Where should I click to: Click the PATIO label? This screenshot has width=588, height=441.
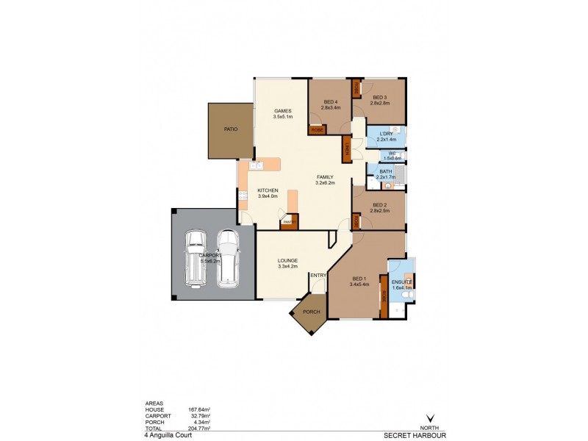(230, 129)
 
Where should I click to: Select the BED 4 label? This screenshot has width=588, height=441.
(329, 101)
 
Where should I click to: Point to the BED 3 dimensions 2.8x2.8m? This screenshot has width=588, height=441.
(379, 104)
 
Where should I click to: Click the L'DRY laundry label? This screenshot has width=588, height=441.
(386, 134)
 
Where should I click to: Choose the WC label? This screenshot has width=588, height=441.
(392, 153)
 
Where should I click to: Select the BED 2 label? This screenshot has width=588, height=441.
(379, 205)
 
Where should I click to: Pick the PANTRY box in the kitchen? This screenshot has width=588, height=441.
(289, 220)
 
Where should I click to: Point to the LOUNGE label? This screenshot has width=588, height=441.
(287, 260)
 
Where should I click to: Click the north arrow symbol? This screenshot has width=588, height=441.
(430, 419)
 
